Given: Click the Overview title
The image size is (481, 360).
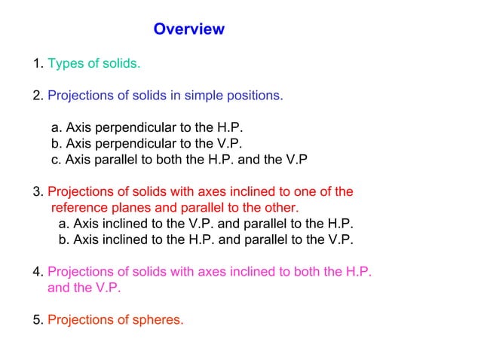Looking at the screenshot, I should click(188, 29).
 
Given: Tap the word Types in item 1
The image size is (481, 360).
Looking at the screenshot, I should click(64, 63).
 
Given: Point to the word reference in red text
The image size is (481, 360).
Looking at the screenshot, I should click(78, 208).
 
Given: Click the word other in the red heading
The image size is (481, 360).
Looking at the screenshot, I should click(278, 208).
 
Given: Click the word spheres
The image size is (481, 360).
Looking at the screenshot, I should click(157, 320).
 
